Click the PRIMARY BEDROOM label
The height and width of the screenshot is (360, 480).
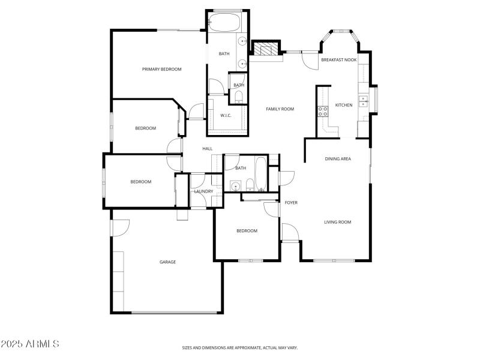point(161,70)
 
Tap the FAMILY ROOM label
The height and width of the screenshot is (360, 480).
point(280,109)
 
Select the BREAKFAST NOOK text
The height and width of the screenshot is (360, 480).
point(339,60)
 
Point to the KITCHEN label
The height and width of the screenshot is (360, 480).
point(344,106)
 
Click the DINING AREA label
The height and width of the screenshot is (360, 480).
point(338,159)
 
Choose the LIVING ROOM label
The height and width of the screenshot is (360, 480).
point(337,222)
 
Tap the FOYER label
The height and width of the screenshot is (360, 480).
point(291,203)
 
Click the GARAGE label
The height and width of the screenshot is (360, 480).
point(167,262)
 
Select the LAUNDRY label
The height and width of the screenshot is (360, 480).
point(203,191)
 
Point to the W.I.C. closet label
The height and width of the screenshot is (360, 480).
point(226,115)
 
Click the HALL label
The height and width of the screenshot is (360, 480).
point(208,149)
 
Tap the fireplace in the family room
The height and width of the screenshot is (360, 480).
point(266,50)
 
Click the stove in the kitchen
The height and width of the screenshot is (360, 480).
point(322,110)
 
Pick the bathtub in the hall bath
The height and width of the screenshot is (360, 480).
point(261,173)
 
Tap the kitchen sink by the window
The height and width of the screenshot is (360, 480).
point(363,101)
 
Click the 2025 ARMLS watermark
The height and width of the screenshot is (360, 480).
point(30,344)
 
